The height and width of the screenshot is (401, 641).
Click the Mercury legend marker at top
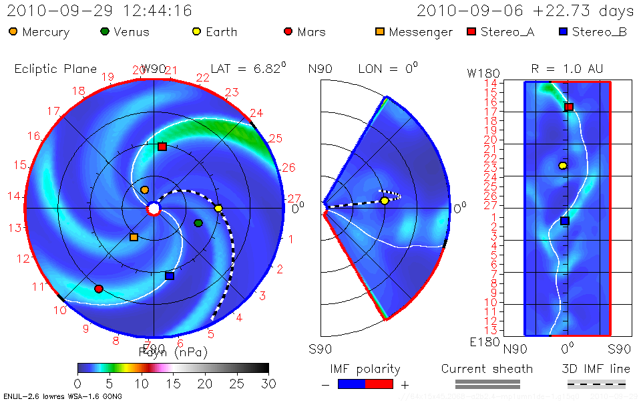[x=13, y=31]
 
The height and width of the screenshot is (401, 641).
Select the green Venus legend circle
[x=105, y=31]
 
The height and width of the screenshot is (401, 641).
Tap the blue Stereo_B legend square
[x=563, y=31]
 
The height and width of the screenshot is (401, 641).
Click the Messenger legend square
[x=380, y=31]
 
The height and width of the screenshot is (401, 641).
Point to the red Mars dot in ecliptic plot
[x=99, y=289]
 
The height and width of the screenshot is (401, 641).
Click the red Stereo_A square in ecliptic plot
[x=162, y=146]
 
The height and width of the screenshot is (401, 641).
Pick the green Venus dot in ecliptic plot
[x=198, y=223]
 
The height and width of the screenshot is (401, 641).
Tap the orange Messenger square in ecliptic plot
[x=134, y=237]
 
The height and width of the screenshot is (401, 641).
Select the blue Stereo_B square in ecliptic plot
[x=170, y=276]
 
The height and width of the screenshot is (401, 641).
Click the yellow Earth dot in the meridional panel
[x=385, y=200]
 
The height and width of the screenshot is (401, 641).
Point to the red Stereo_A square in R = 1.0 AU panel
[x=569, y=107]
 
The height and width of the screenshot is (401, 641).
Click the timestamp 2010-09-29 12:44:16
[x=100, y=11]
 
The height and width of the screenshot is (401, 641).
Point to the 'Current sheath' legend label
[x=487, y=369]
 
